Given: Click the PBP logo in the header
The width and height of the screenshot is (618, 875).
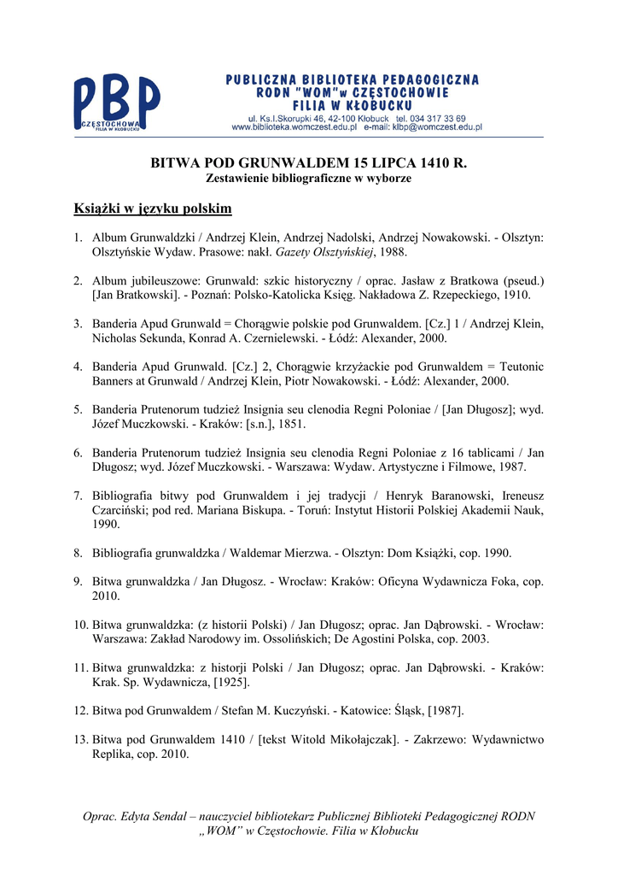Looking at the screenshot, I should point(116,103).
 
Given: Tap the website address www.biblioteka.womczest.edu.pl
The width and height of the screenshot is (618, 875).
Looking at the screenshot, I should point(294,126).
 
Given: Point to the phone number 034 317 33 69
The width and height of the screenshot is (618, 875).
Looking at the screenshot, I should point(437,117).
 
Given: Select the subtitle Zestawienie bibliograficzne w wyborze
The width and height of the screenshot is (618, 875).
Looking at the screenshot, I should point(309,179).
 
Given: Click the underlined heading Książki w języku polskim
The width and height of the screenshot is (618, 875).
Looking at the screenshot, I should point(153,208).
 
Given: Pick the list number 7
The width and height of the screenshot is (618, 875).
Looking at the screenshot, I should point(77,496).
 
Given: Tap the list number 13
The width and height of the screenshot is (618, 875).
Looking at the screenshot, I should point(80,739).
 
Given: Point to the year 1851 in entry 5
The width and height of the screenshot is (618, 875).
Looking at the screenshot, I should point(290,424).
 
